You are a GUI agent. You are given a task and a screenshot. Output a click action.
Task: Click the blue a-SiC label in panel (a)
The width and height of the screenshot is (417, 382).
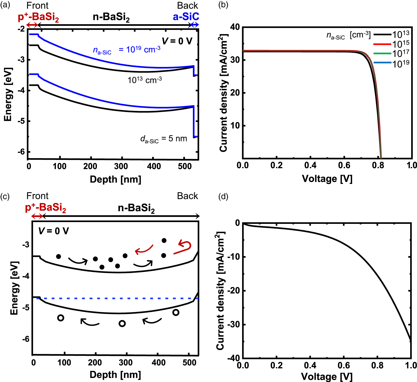tap(186, 17)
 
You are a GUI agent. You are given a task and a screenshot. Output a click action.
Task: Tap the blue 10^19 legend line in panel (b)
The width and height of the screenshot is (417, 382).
tap(382, 63)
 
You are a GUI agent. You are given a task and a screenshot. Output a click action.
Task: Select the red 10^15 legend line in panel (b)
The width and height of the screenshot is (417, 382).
tap(382, 44)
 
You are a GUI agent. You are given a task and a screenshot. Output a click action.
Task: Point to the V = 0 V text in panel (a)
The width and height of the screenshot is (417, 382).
tap(177, 41)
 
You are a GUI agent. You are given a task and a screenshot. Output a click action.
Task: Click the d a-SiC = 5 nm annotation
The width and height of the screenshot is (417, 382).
tap(164, 139)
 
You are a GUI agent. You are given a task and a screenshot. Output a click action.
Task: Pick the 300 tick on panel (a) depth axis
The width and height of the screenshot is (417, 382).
tap(121, 166)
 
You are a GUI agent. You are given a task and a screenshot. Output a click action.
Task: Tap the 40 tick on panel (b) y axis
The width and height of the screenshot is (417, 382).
tap(235, 27)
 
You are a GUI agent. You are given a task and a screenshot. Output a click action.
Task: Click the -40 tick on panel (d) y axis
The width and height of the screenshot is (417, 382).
tap(234, 358)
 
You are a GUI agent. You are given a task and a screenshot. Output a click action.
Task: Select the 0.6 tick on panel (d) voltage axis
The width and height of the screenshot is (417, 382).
tap(344, 366)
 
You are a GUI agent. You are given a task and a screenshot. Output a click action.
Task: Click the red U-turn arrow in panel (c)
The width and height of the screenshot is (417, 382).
tap(183, 248)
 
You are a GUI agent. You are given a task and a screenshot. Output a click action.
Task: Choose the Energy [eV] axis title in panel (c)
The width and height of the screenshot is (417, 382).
tap(14, 288)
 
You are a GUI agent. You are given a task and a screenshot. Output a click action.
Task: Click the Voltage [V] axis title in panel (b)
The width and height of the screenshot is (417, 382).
tap(327, 179)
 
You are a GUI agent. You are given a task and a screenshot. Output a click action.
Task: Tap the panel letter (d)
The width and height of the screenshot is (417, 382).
tap(223, 197)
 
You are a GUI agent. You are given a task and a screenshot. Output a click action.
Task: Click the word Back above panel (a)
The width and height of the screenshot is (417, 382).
tap(188, 6)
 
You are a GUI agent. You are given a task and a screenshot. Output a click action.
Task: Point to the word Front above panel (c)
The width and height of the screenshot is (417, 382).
tap(37, 196)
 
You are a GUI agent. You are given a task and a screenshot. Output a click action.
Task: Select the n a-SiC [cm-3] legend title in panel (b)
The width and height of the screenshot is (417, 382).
tap(348, 35)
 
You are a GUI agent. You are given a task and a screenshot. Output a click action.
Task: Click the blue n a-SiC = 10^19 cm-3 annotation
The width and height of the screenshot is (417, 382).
tap(126, 50)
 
